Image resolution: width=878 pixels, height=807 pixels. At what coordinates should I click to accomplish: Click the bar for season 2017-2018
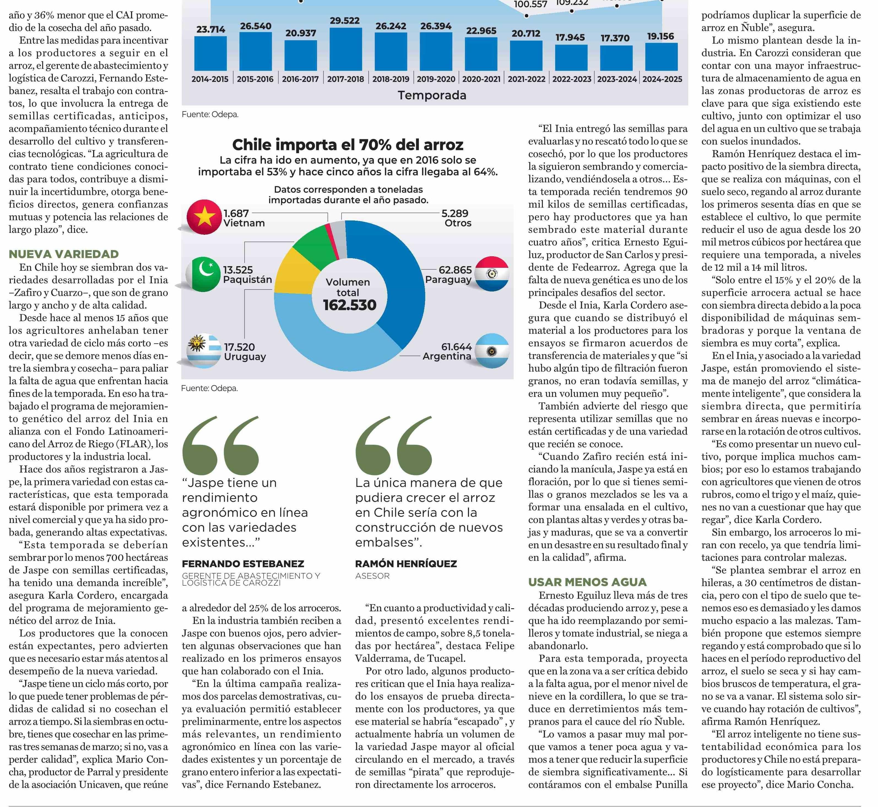point(346,49)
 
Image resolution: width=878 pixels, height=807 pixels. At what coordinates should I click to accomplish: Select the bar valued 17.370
point(616,58)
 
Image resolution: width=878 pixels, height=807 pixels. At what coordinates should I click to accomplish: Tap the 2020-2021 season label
point(481,79)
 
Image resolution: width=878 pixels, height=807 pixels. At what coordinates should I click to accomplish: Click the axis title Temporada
point(432,95)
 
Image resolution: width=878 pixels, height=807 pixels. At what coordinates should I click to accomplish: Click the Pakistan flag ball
point(203,274)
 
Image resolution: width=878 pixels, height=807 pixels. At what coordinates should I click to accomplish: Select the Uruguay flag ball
point(204,351)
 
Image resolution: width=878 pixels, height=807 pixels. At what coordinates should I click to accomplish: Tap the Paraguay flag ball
point(492,274)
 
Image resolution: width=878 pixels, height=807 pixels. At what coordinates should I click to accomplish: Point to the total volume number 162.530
point(349,305)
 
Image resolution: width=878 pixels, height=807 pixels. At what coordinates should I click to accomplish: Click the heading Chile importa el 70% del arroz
point(348,145)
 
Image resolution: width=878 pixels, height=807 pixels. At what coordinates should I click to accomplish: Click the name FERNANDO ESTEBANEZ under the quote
point(243,564)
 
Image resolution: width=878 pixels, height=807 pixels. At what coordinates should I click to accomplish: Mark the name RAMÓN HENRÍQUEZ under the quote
point(406,564)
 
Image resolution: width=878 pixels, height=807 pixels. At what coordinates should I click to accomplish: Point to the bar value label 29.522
point(345,21)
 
